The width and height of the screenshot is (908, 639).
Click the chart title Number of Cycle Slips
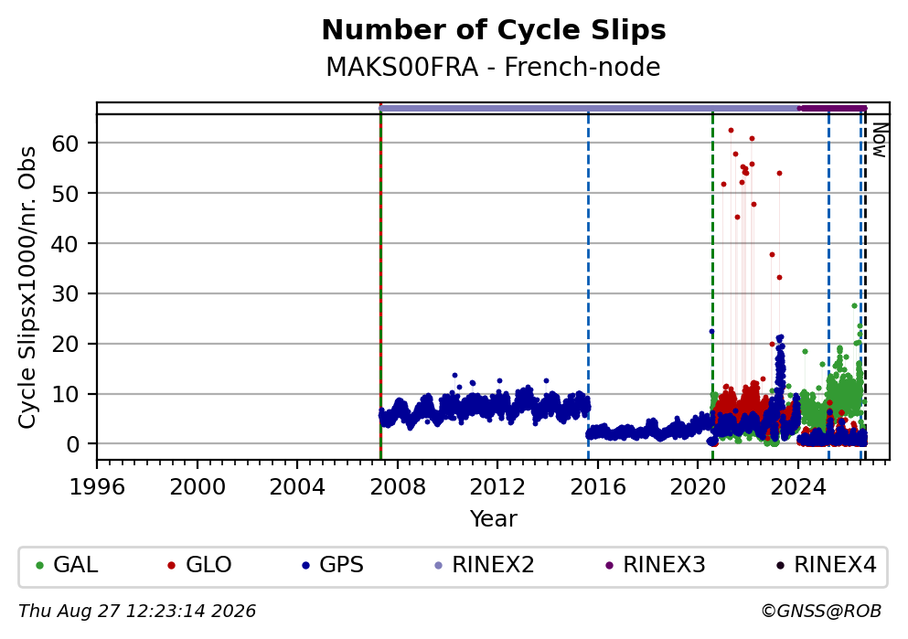(x=494, y=30)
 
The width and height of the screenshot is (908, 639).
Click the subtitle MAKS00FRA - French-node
(x=494, y=67)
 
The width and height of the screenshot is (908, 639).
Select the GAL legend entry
(x=67, y=565)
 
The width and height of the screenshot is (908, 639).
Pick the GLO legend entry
(x=199, y=565)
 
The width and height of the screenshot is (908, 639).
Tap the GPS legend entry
(x=333, y=565)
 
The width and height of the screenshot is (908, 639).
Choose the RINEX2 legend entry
(x=485, y=565)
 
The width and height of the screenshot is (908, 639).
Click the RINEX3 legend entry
(x=656, y=565)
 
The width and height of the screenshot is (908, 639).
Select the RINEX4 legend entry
(x=827, y=565)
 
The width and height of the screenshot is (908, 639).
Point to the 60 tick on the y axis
(x=66, y=143)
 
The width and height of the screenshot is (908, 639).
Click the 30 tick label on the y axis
(x=66, y=293)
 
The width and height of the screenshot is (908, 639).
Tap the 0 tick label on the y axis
(x=73, y=444)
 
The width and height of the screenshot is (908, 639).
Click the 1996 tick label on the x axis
(x=97, y=486)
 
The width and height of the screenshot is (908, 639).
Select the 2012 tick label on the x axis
(x=497, y=486)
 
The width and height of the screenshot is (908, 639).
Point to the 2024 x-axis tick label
(x=797, y=486)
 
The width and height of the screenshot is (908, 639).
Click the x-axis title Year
(x=494, y=518)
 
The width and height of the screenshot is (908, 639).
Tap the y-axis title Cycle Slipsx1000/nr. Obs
(x=27, y=288)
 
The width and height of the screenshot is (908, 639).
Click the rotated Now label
(x=881, y=140)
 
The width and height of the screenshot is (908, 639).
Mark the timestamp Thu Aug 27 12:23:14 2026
(x=137, y=612)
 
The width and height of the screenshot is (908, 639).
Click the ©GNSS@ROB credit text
(x=821, y=612)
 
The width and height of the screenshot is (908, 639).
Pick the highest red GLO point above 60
(x=731, y=130)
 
